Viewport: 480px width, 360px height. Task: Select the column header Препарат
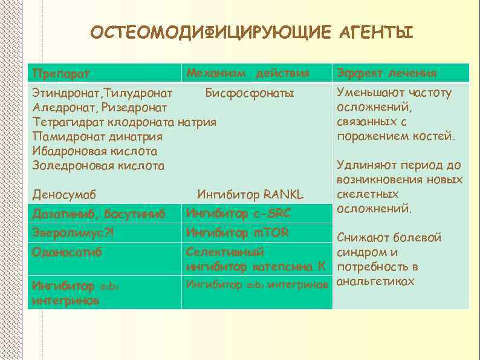pyautogui.click(x=61, y=74)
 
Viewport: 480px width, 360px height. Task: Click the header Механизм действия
pyautogui.click(x=247, y=73)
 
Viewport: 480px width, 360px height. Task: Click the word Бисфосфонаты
pyautogui.click(x=250, y=93)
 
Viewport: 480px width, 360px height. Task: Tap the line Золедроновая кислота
pyautogui.click(x=98, y=165)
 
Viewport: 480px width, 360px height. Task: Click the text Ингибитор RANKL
pyautogui.click(x=250, y=195)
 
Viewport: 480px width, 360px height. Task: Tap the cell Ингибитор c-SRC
pyautogui.click(x=238, y=213)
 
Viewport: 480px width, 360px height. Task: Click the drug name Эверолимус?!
pyautogui.click(x=74, y=233)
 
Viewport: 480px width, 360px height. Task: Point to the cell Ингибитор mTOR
pyautogui.click(x=238, y=232)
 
